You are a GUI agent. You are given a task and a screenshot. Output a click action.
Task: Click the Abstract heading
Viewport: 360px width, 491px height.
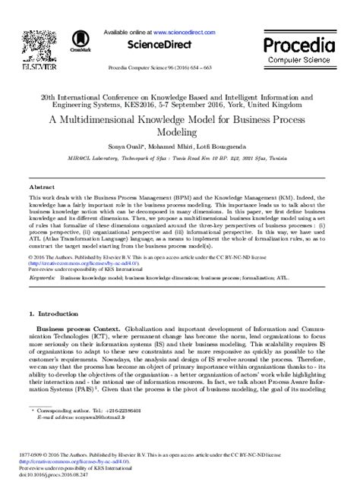pyautogui.click(x=41, y=186)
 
